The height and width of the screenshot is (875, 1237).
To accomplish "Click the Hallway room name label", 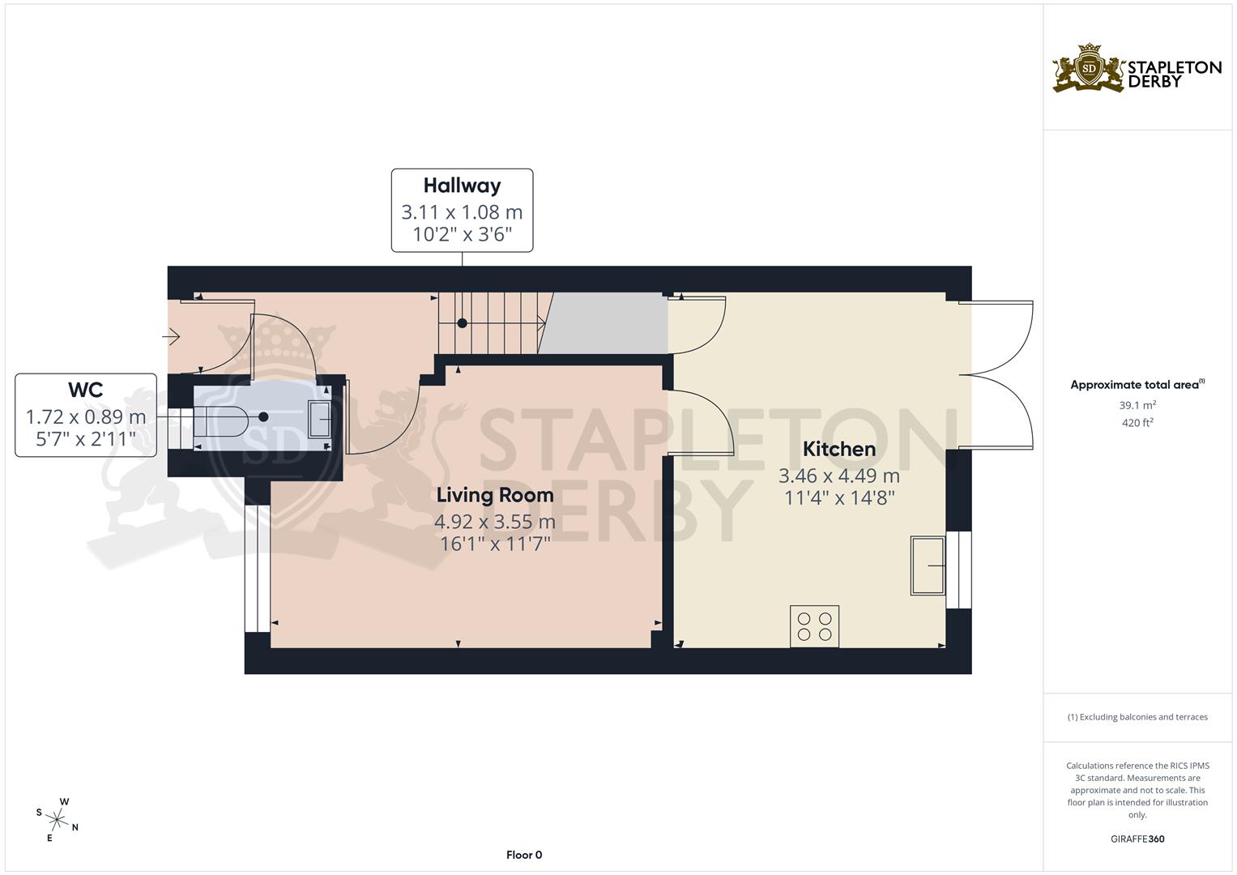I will [x=462, y=186].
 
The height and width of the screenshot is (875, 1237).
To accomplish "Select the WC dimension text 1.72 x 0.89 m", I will [x=86, y=417].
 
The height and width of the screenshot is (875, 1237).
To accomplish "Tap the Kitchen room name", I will [x=838, y=449].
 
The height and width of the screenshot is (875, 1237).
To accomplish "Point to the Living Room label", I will [x=494, y=495].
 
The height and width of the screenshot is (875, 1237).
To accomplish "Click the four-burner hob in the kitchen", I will [x=814, y=626].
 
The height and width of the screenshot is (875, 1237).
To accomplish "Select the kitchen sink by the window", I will [x=928, y=565].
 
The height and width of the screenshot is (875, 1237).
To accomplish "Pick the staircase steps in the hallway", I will [x=491, y=322].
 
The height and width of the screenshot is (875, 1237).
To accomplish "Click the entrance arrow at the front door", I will [x=172, y=335].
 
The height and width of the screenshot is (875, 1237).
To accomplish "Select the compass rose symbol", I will [x=58, y=817].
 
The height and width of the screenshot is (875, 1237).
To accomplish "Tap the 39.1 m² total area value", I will [x=1137, y=405].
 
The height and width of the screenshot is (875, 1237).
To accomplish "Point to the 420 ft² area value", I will [x=1137, y=422].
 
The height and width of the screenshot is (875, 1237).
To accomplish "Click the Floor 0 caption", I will [x=523, y=855].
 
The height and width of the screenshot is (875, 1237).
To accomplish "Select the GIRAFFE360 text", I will [x=1137, y=839].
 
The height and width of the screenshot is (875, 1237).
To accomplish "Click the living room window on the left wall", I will [x=257, y=567].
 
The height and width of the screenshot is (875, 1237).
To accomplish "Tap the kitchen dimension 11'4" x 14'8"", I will [x=838, y=497].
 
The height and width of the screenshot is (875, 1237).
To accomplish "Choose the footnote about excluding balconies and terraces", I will [x=1137, y=717].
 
